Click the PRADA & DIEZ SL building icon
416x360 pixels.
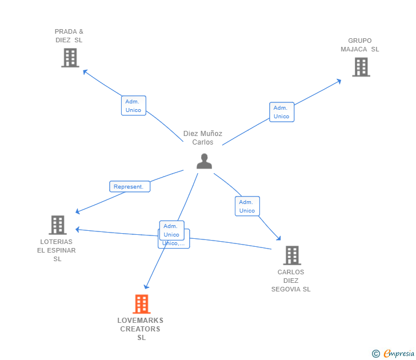pos(70,58)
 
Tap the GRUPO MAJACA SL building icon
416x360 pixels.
pos(361,67)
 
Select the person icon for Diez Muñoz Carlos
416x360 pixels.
pos(204,161)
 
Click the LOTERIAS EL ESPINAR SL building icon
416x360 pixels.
pos(57,225)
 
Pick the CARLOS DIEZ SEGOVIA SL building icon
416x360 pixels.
pos(291,255)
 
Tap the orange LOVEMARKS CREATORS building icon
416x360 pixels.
pos(141,304)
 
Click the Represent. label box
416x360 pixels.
pos(130,187)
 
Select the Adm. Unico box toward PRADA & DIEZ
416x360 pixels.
pos(134,106)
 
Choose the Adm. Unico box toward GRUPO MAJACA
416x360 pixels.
pos(282,112)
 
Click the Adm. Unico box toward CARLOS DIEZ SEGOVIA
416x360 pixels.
pos(247,206)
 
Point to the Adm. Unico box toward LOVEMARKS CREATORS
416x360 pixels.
pos(171,230)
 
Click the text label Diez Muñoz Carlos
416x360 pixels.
pos(203,138)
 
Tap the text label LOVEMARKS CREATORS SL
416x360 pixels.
pos(141,329)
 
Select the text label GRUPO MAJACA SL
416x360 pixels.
pos(360,45)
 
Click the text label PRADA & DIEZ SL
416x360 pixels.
pos(69,35)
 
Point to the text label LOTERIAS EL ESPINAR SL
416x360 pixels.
pos(57,250)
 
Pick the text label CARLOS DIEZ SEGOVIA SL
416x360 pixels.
pos(291,281)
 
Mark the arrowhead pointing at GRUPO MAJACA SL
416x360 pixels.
pos(339,81)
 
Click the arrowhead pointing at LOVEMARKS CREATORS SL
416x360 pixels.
pos(146,286)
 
